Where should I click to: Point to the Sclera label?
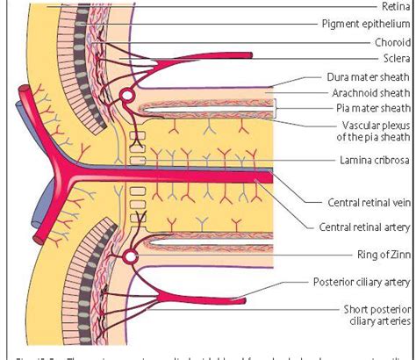392,58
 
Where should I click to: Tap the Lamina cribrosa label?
373,162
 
